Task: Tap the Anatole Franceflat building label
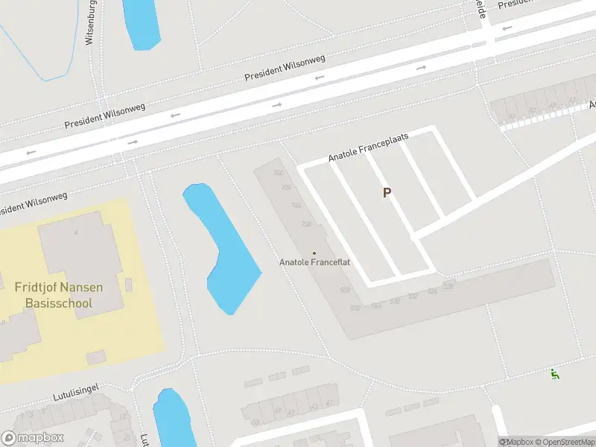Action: click(314, 262)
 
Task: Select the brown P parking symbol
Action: click(387, 193)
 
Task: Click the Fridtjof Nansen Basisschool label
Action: click(59, 295)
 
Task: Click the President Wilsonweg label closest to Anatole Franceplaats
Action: click(286, 68)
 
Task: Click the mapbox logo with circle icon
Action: click(33, 438)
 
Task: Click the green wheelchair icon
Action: click(554, 374)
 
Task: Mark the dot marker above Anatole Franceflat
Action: click(314, 253)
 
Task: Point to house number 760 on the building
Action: click(279, 173)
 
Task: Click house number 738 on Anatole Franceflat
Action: click(306, 224)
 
